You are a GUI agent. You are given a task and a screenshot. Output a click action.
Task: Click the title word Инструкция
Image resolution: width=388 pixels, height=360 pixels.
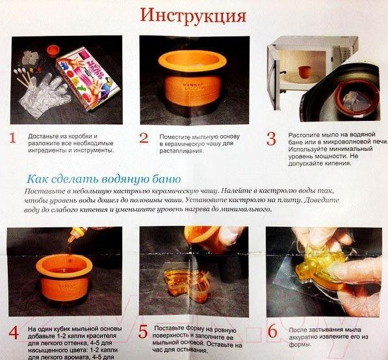tap(194, 15)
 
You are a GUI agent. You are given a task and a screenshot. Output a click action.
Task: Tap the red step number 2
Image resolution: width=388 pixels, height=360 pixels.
tap(144, 138)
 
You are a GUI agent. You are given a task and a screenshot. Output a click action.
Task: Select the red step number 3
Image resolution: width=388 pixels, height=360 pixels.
tap(272, 138)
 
